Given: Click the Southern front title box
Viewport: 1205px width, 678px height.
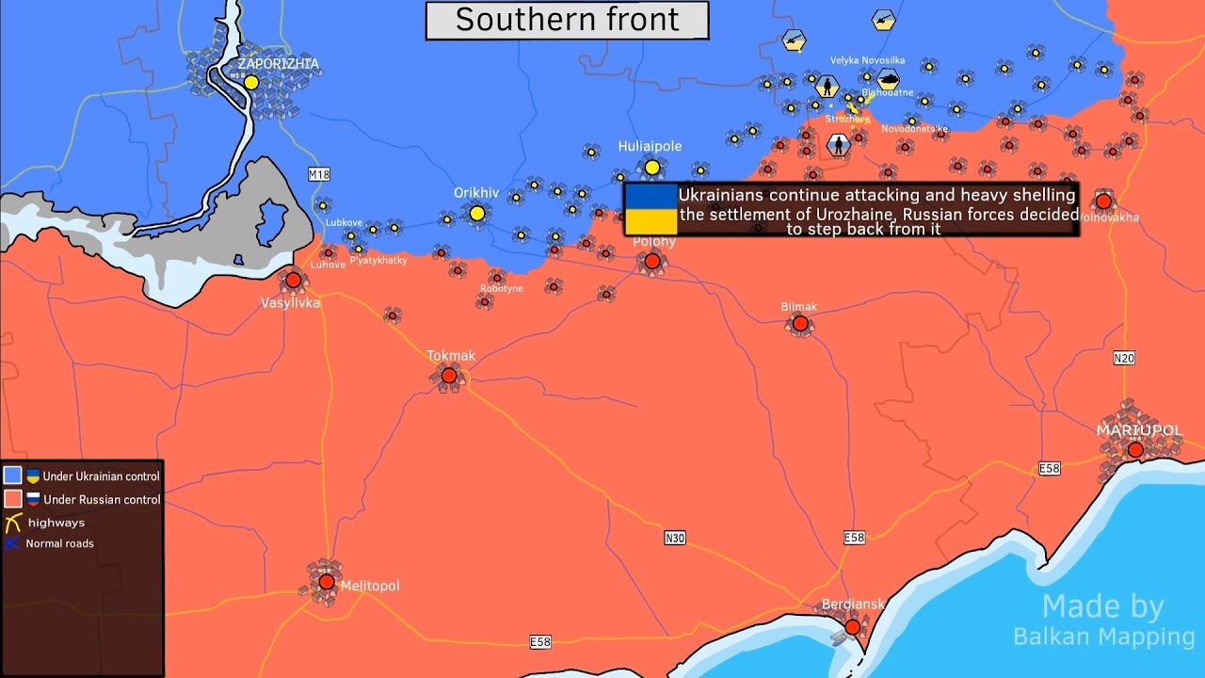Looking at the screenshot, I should (567, 21).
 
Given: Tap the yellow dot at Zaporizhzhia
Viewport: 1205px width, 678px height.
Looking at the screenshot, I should (251, 83).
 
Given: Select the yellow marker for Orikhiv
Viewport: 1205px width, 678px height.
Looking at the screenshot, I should (477, 214).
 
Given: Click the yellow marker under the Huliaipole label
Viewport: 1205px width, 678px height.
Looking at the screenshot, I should (651, 168).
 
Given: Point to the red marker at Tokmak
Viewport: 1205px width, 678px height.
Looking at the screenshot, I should (449, 376).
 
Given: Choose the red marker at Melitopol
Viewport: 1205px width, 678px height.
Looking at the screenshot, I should (326, 582).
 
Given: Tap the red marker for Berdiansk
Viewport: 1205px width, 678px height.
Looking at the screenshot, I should (852, 626).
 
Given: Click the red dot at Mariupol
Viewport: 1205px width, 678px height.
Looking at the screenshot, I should (1135, 450).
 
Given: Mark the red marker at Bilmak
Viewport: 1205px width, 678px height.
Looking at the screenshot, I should (799, 324).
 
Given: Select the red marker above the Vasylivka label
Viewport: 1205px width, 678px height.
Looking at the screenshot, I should (293, 280).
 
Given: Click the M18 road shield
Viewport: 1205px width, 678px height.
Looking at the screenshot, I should (319, 174).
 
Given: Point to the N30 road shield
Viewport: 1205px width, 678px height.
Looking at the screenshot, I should (674, 538).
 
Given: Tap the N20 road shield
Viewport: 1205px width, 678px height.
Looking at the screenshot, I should (1123, 358).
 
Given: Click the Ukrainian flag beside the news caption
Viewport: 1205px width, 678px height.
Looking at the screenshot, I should (651, 209).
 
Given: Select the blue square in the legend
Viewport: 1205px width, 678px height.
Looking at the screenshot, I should (13, 476).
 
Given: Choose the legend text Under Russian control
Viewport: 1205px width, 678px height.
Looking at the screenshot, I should (102, 500).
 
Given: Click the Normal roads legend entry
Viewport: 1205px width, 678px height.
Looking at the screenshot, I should (59, 543).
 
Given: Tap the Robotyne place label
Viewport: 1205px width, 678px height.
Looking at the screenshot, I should (501, 289).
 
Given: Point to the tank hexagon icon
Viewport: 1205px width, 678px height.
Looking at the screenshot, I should (888, 80).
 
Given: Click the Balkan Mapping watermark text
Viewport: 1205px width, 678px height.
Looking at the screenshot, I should (1103, 637).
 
